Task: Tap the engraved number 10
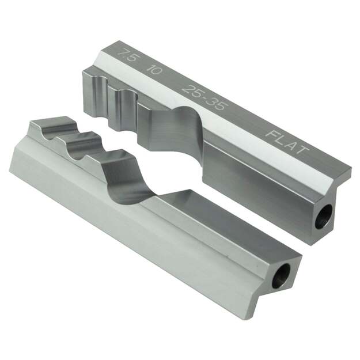click(x=154, y=70)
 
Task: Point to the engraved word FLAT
click(x=287, y=142)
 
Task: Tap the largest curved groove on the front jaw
click(x=124, y=176)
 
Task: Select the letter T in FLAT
click(x=303, y=151)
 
